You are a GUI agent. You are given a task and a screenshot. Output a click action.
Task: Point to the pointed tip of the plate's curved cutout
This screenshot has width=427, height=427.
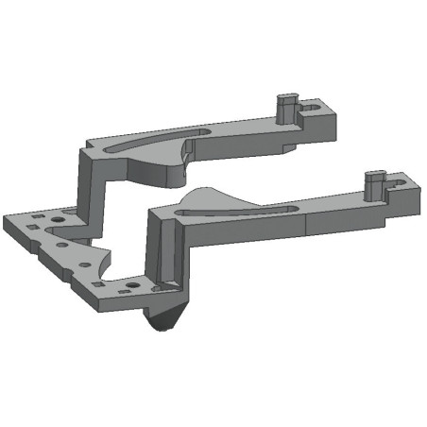(111, 248)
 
